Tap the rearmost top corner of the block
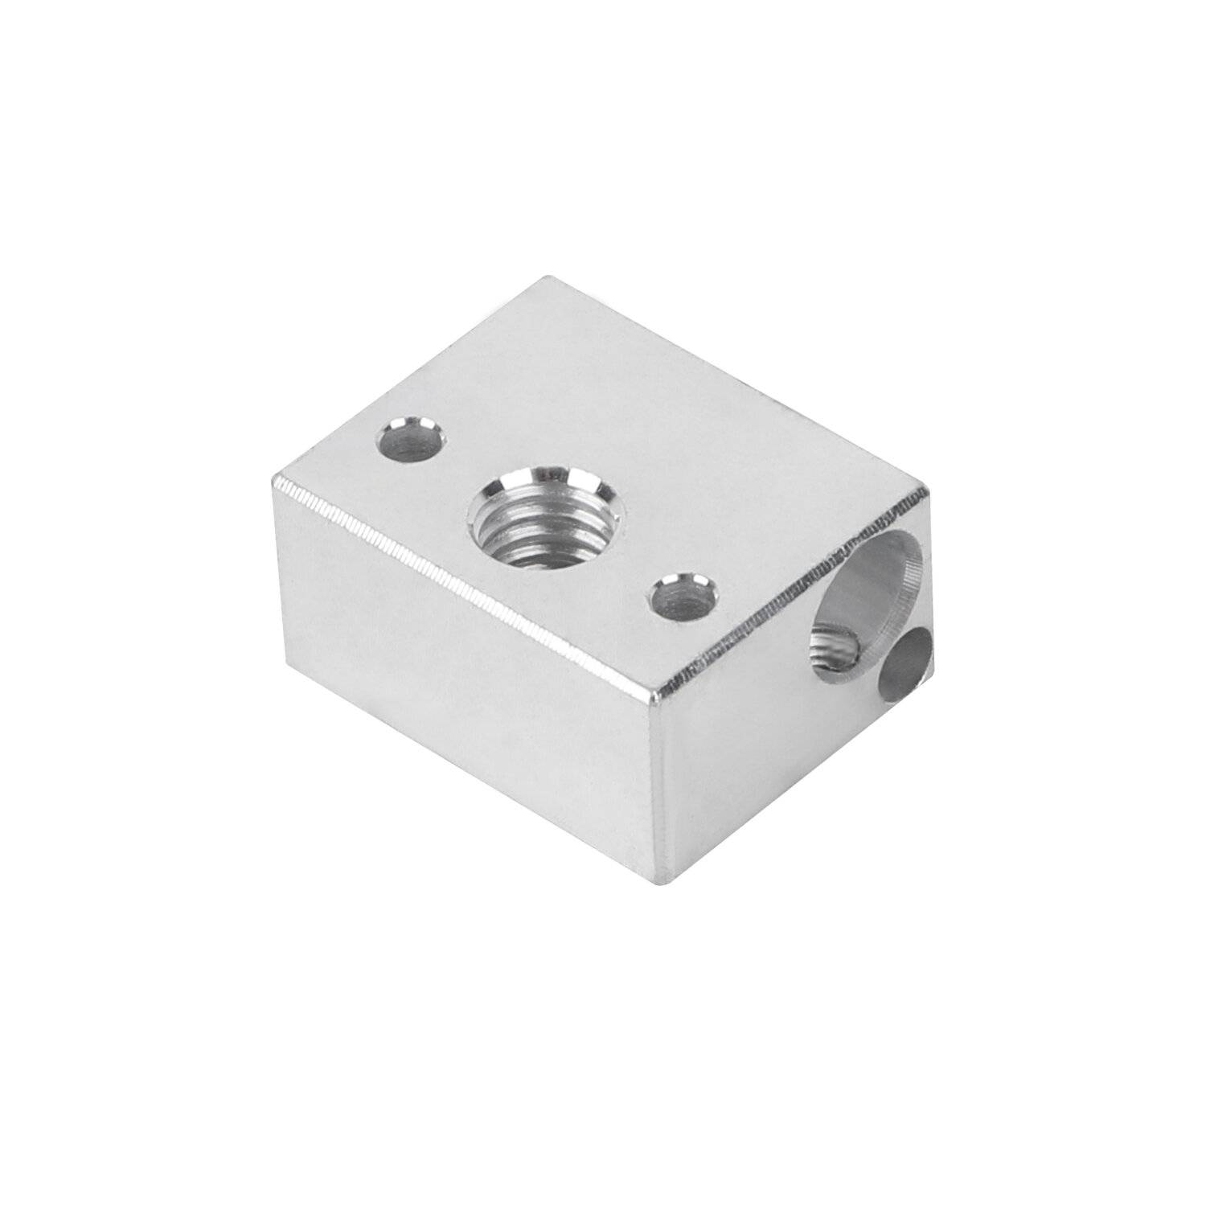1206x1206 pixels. pyautogui.click(x=548, y=277)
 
